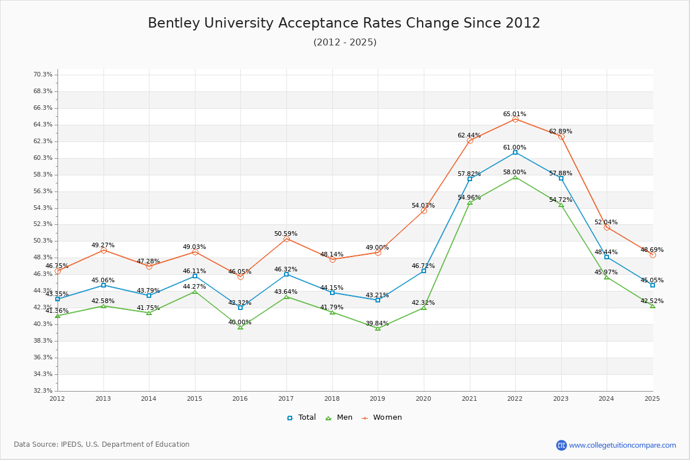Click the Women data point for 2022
[x=515, y=120]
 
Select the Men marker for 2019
[x=378, y=328]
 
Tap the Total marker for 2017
[x=286, y=274]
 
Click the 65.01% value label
[x=515, y=114]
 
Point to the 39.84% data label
[x=377, y=323]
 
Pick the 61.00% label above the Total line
[x=515, y=147]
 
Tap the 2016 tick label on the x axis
[x=240, y=398]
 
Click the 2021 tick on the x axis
[x=469, y=398]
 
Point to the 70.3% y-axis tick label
[x=43, y=75]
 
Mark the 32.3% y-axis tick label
[x=43, y=390]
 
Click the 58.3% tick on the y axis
[x=43, y=174]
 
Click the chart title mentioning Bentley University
[x=344, y=23]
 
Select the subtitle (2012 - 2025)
[x=344, y=42]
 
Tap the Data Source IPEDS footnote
[x=102, y=444]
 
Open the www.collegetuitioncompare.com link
[x=622, y=445]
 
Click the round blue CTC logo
[x=561, y=445]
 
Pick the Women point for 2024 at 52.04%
[x=607, y=227]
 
